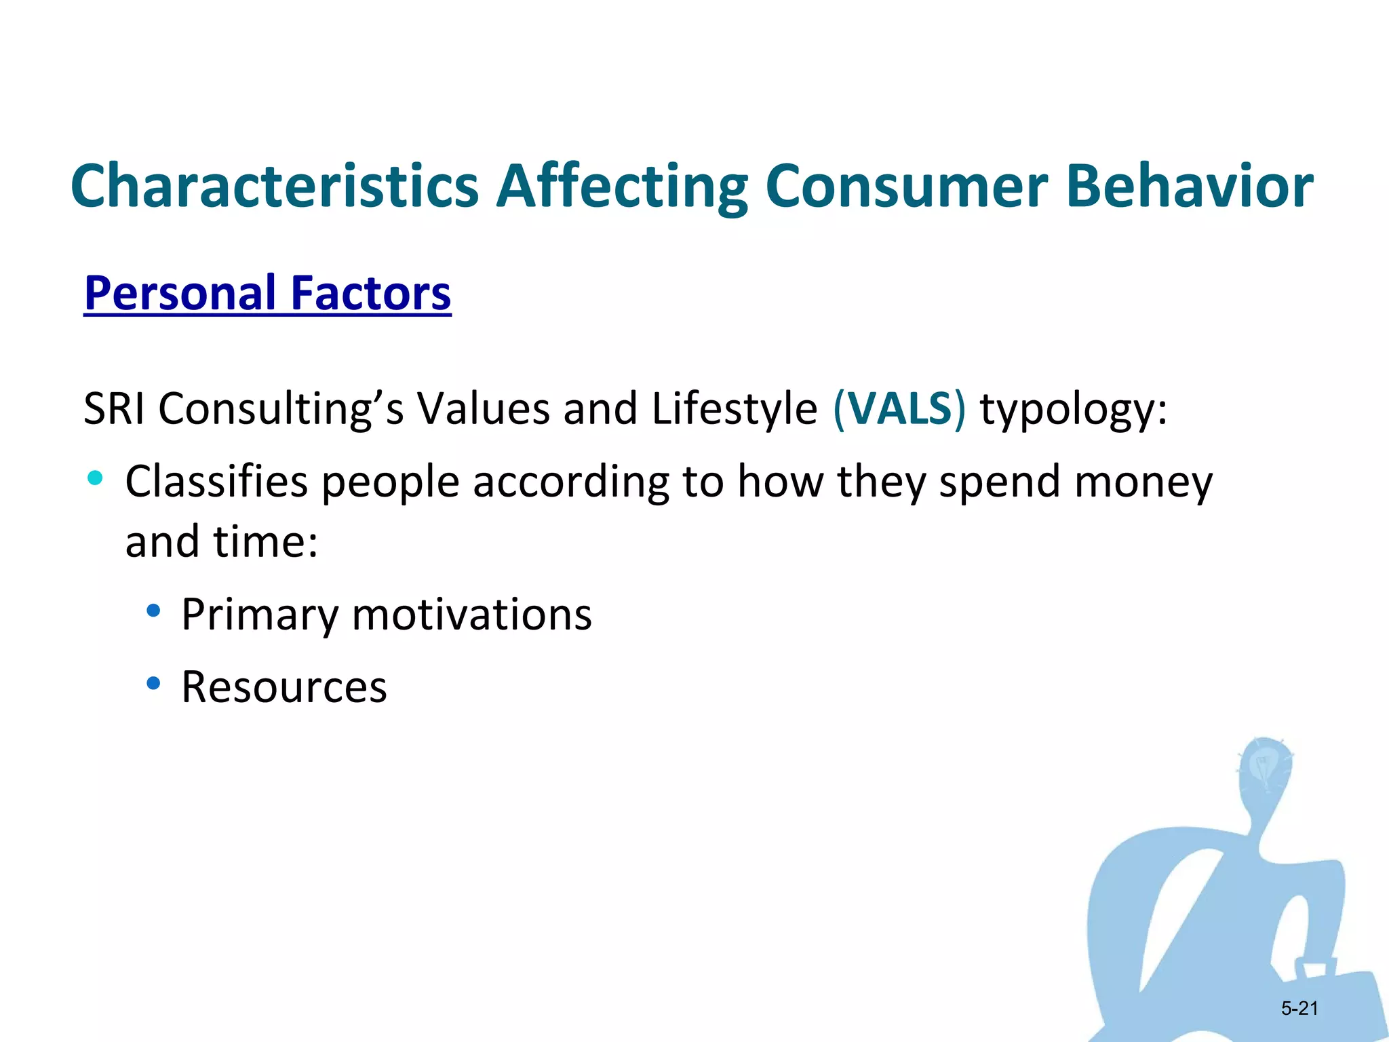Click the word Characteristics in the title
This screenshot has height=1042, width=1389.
pos(275,186)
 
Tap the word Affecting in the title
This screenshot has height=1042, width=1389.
pos(622,186)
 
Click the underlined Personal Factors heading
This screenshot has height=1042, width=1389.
pos(267,293)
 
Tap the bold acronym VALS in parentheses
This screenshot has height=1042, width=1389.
pos(899,409)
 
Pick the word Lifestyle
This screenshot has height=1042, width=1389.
pos(734,409)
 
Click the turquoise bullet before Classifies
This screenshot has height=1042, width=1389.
pos(95,478)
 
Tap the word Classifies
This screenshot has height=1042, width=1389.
pos(216,482)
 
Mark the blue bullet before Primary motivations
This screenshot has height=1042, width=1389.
pos(154,611)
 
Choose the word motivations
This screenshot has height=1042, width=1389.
pos(471,615)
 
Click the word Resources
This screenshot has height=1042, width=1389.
pos(283,687)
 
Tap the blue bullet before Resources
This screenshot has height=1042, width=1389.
pos(154,683)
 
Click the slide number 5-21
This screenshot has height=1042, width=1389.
pos(1299,1008)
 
